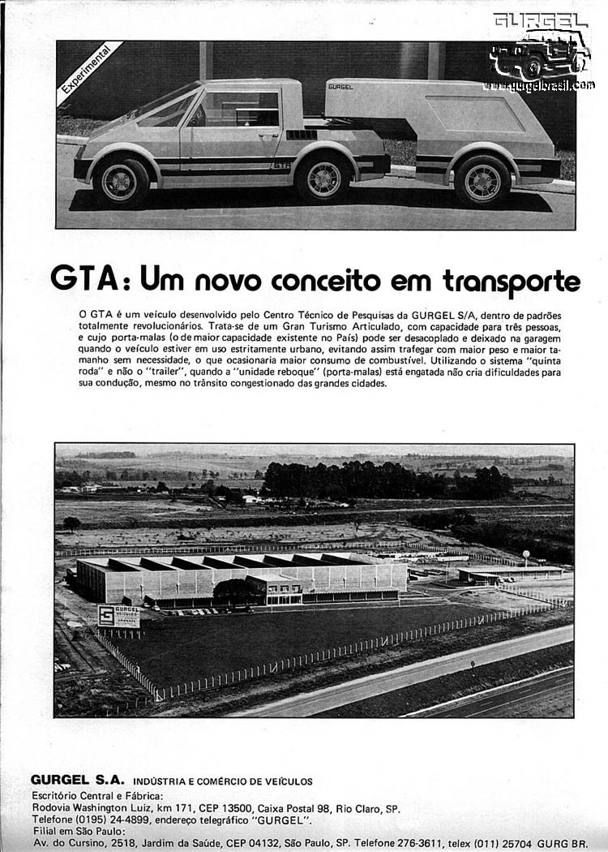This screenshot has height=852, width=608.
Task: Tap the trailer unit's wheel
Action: pos(481,179)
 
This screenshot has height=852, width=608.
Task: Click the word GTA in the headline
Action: pos(85,278)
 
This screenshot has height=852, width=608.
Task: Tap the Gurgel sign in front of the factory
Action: pos(118,616)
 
